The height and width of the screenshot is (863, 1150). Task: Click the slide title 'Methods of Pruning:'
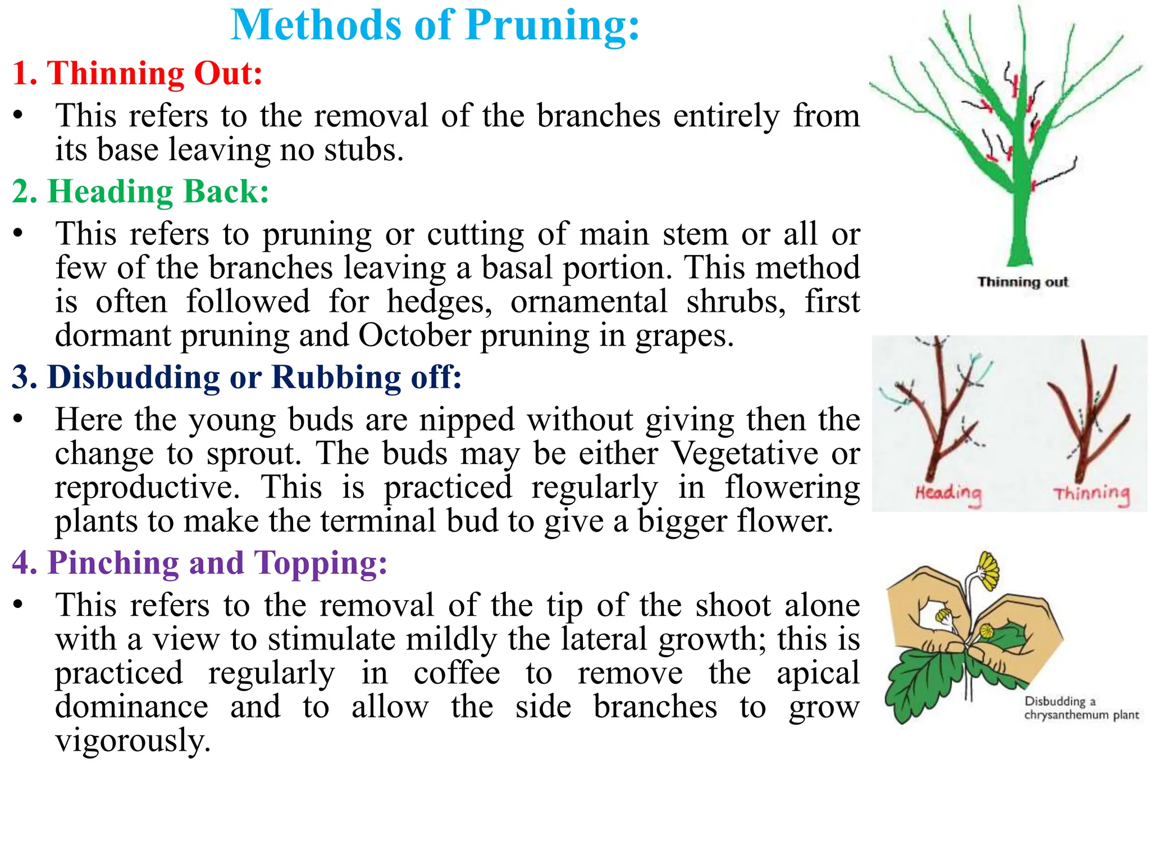435,25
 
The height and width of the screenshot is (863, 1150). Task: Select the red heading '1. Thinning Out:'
138,73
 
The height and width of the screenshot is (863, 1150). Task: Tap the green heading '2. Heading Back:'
140,192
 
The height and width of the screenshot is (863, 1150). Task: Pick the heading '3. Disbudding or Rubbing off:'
236,377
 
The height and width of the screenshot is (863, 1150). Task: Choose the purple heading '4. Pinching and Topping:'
199,562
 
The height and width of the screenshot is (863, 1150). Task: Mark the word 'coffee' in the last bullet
457,673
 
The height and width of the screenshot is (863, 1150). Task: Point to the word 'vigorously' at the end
133,741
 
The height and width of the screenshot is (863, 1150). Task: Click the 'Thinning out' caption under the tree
1023,281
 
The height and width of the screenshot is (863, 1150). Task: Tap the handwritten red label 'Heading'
948,494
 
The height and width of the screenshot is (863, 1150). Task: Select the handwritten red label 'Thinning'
1091,494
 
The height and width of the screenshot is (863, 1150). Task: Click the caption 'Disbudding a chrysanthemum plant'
1081,708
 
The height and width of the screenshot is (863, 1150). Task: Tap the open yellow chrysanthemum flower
989,570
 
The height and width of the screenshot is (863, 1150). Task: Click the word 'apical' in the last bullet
818,673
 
